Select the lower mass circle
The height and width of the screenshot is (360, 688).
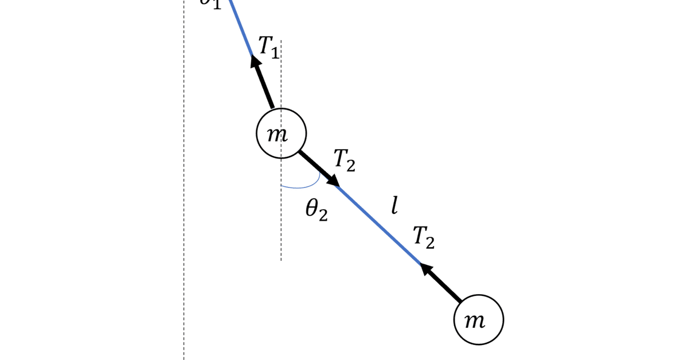click(x=478, y=320)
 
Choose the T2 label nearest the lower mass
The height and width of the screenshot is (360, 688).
click(x=424, y=237)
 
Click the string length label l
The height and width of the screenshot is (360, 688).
click(x=394, y=205)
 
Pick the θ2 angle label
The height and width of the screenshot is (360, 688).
click(x=316, y=210)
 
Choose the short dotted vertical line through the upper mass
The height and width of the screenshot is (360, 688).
click(x=281, y=229)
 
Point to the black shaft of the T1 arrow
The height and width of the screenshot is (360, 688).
click(x=265, y=87)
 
